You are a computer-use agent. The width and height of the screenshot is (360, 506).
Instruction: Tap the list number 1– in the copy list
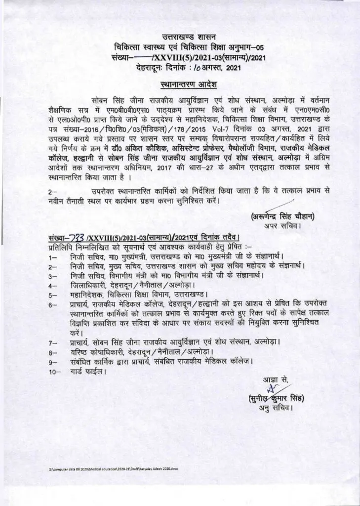[x=53, y=257]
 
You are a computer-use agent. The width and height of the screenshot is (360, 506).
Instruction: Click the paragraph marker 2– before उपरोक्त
[x=53, y=190]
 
